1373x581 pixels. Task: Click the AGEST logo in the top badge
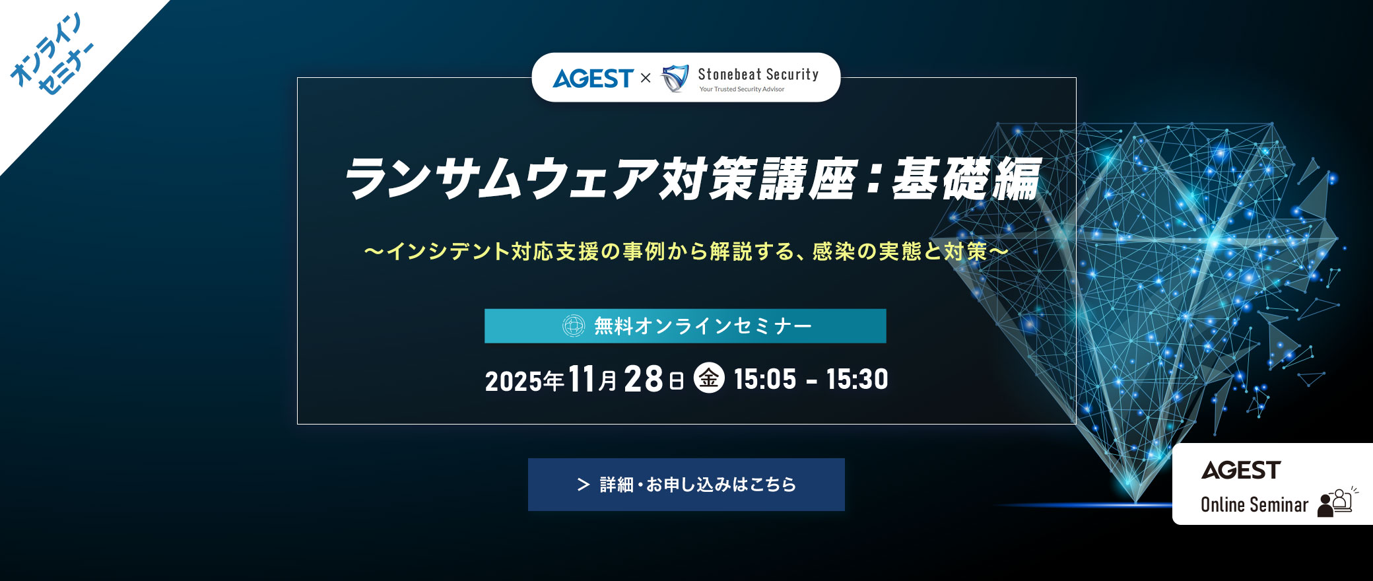click(593, 79)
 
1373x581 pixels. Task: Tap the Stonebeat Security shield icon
click(675, 79)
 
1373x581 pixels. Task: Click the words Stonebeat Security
click(758, 74)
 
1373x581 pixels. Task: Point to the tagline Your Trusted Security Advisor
click(742, 89)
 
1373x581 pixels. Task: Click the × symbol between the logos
click(646, 79)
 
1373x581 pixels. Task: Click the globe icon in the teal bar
click(573, 325)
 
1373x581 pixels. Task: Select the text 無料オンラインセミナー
click(702, 326)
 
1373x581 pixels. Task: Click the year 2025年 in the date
click(524, 381)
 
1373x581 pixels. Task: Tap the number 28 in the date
click(643, 380)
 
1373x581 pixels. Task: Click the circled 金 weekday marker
click(709, 378)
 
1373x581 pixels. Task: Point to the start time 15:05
click(765, 380)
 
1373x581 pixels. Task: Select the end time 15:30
click(857, 380)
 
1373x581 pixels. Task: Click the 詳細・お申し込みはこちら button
click(686, 485)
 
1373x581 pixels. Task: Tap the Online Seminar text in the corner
click(1254, 505)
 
